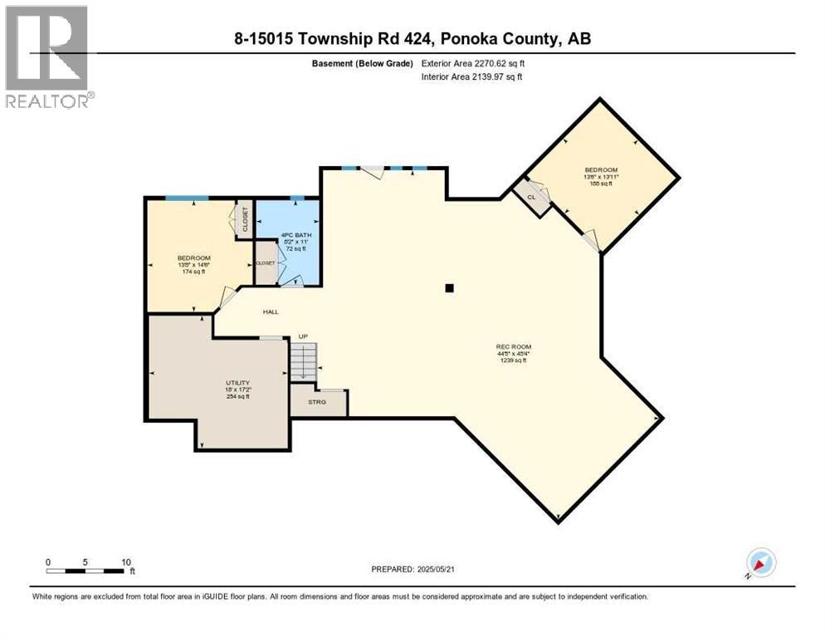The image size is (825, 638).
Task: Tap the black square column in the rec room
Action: click(x=449, y=288)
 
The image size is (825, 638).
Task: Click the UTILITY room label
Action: click(x=238, y=383)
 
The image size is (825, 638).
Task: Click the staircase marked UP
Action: click(x=303, y=362)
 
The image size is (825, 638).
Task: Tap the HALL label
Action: click(x=271, y=312)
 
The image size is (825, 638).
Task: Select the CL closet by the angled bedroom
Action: click(x=531, y=197)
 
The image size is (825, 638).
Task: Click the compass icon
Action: click(x=760, y=562)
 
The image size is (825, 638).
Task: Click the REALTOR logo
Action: click(x=48, y=57)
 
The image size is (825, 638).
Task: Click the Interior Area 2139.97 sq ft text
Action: click(x=471, y=77)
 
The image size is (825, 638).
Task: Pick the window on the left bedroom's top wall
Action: click(x=186, y=198)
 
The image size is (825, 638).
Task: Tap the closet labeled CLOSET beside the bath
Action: click(x=266, y=263)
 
